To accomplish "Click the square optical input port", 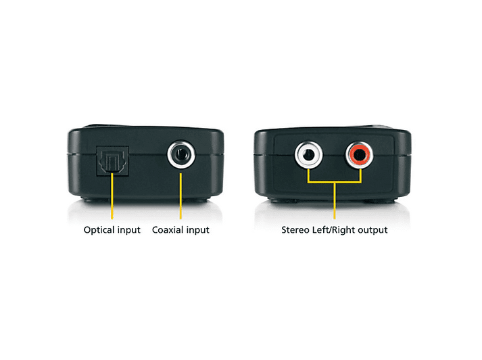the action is tap(112, 161).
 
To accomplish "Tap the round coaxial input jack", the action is tap(181, 154).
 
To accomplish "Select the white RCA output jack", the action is tap(309, 154).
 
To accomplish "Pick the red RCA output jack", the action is tap(360, 155).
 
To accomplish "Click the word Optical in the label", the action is tap(98, 230).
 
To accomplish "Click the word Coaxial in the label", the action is tap(166, 230).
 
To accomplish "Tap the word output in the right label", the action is tap(372, 230).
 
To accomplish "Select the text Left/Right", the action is tap(333, 230).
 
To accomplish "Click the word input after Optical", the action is tap(128, 230).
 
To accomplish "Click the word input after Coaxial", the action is tap(197, 230).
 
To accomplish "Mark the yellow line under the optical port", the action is tap(112, 196).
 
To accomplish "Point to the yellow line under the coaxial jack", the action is tap(180, 196).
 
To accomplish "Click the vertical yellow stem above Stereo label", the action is tap(335, 201).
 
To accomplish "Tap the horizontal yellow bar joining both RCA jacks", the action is tap(335, 182).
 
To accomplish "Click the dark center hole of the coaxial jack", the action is tap(181, 154).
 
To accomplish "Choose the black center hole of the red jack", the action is tap(360, 155).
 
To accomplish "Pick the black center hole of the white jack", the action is tap(308, 155).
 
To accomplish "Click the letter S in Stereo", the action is tap(284, 230).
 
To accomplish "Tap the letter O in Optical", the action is tap(87, 230).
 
